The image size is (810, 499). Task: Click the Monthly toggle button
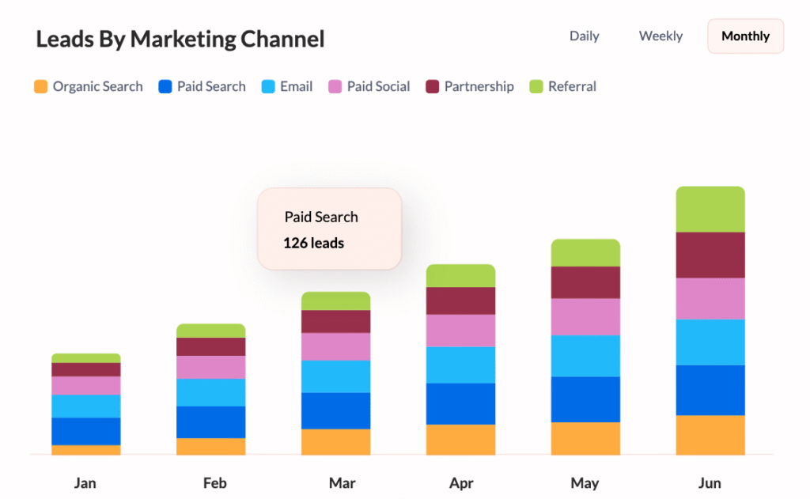tap(745, 36)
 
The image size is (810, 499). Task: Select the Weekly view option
tap(660, 36)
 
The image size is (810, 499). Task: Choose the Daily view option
tap(585, 36)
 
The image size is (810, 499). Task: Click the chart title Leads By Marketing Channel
tap(180, 39)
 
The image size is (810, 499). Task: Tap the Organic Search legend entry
tap(89, 86)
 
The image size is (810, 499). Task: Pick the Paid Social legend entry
tap(369, 86)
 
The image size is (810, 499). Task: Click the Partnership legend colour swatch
tap(433, 86)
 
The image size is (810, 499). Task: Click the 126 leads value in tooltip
tap(313, 243)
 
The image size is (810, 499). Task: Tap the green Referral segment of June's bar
tap(710, 210)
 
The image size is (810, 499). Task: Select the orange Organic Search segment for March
tap(335, 442)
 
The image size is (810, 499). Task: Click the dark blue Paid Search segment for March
tap(335, 410)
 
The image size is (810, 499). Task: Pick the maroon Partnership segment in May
tap(585, 282)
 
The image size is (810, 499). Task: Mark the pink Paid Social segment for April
tap(460, 331)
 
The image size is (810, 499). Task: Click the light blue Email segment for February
tap(210, 392)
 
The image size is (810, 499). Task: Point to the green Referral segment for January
tap(86, 358)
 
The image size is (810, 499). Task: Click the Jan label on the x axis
tap(85, 482)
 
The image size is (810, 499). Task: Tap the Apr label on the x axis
tap(460, 482)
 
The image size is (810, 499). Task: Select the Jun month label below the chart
tap(710, 482)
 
